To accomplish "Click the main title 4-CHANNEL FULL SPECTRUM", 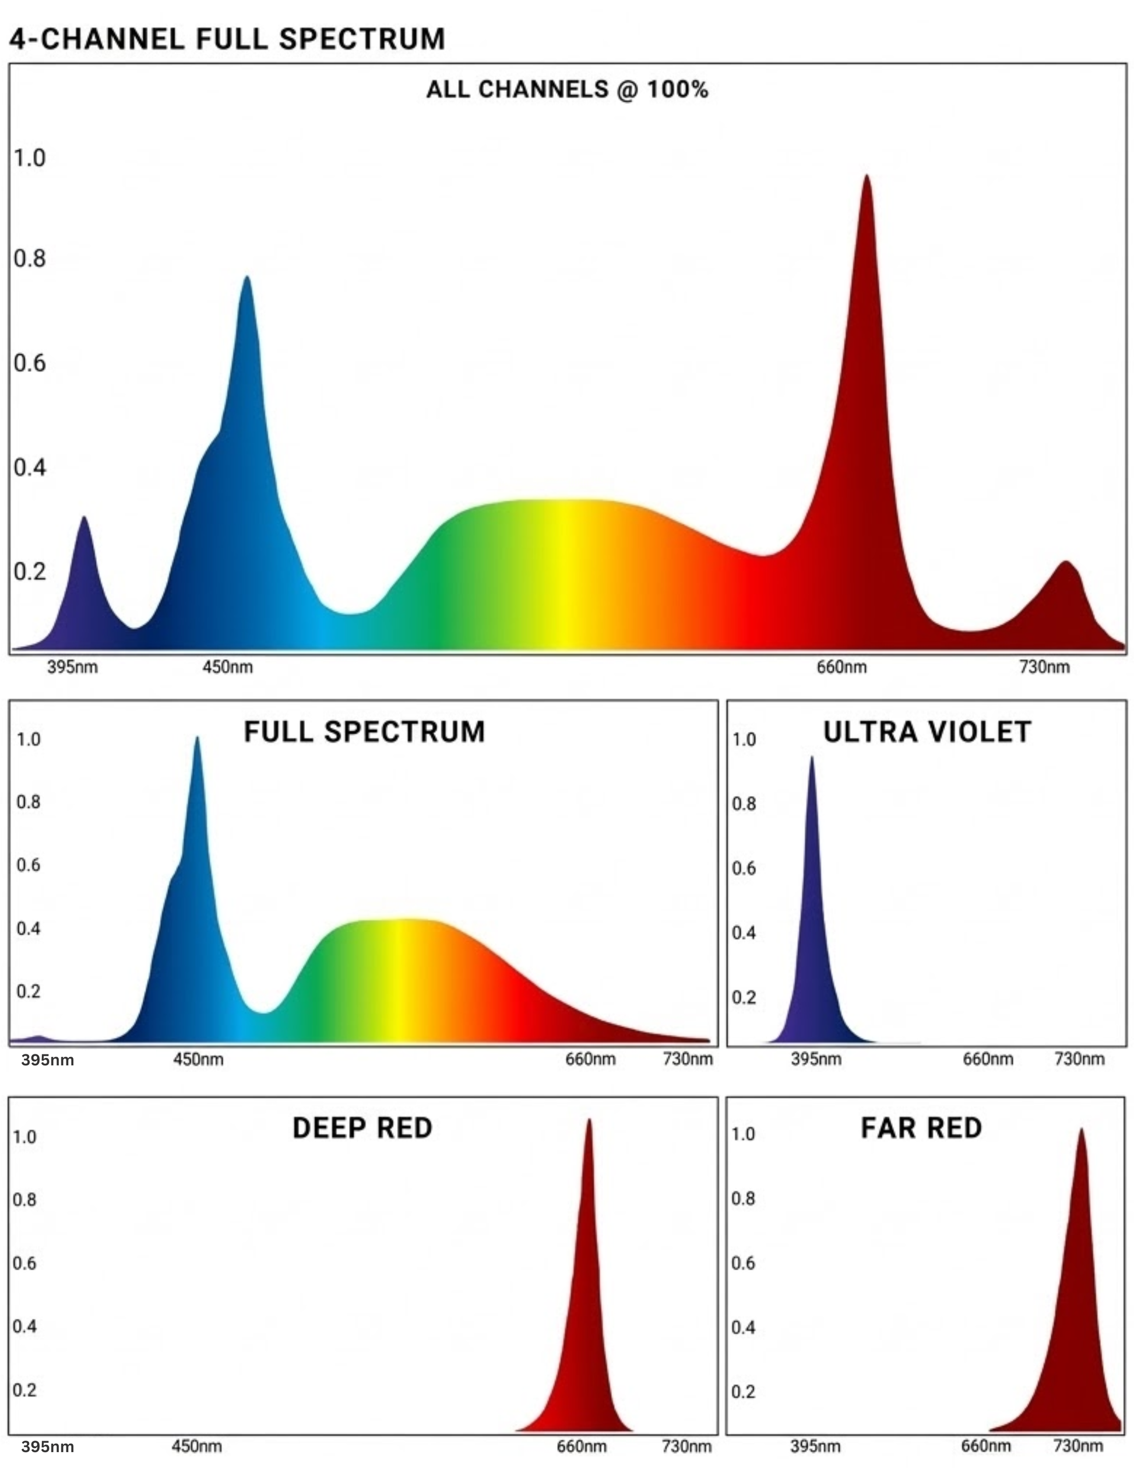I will pos(227,39).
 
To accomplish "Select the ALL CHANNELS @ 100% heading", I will pos(566,89).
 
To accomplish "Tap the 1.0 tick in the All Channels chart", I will pos(30,158).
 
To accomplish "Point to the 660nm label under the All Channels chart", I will pos(841,667).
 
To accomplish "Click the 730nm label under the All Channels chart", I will pos(1044,667).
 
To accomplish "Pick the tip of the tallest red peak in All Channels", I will pos(867,177).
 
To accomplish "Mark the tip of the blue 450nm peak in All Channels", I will pos(246,278).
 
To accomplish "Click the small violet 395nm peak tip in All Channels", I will pos(84,518).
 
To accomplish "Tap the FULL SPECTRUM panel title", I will pos(364,732).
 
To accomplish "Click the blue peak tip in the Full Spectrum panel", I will pos(197,738).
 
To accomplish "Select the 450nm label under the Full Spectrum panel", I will pos(198,1060).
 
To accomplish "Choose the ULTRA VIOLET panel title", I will pos(927,732).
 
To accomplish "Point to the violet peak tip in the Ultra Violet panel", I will pos(812,759).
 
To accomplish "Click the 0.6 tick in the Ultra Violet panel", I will pos(744,868).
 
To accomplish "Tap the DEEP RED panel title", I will pos(362,1128).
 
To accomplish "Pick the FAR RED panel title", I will pos(921,1128).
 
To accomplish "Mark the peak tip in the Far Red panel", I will pos(1081,1131).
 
